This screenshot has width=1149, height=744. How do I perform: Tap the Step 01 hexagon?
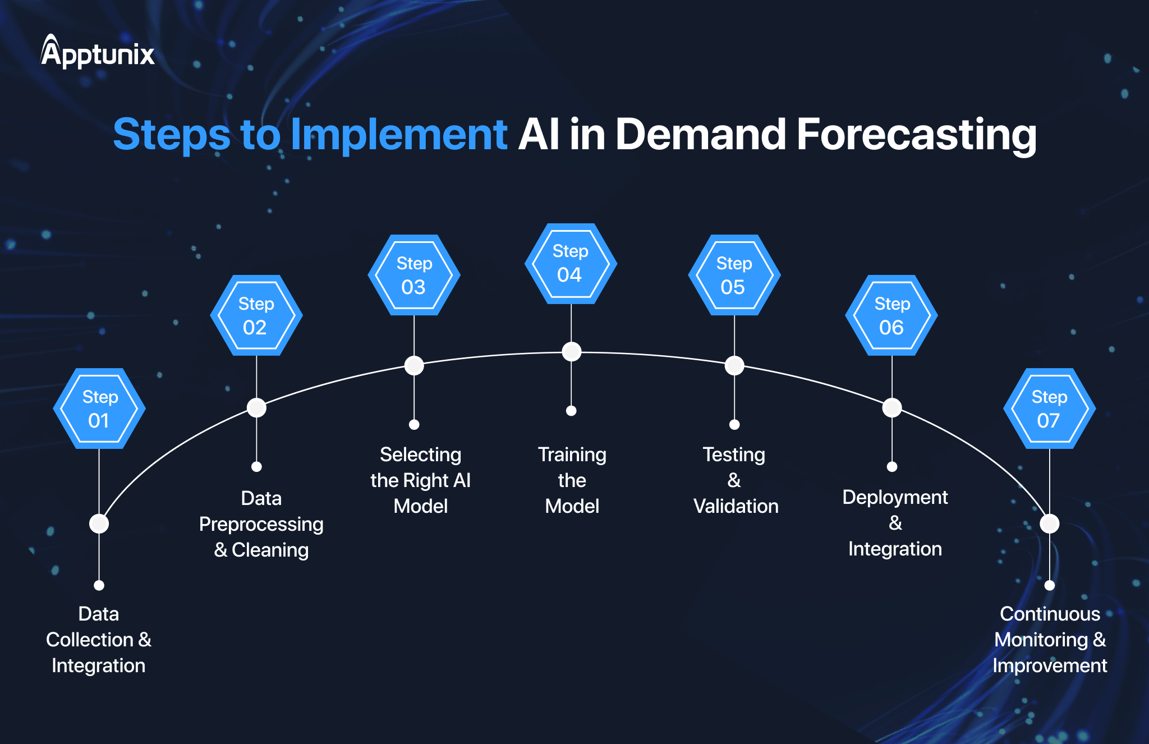click(x=99, y=408)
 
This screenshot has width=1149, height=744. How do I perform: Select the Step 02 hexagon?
click(x=256, y=315)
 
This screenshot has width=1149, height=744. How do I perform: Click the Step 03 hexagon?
click(x=414, y=275)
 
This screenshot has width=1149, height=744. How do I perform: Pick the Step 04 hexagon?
click(x=571, y=264)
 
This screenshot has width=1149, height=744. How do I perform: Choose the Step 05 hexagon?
click(x=734, y=275)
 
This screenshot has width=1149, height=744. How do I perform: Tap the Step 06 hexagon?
click(x=891, y=315)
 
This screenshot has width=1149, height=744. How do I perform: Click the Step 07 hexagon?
click(x=1049, y=408)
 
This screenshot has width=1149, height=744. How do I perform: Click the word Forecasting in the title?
click(x=916, y=135)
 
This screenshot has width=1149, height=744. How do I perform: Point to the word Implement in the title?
click(x=399, y=135)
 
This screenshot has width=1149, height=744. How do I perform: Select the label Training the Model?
click(x=572, y=480)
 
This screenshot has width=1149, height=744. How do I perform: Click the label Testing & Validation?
click(x=735, y=480)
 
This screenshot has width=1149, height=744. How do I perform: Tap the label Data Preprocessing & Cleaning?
click(x=261, y=524)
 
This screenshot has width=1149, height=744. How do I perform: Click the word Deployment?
click(x=895, y=497)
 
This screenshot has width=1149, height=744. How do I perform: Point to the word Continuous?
click(x=1050, y=614)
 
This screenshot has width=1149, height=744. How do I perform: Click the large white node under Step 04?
click(x=571, y=352)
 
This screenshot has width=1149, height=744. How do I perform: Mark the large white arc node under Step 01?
click(x=99, y=523)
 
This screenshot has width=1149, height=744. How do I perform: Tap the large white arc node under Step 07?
click(x=1049, y=523)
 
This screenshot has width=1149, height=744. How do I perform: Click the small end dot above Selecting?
click(x=414, y=425)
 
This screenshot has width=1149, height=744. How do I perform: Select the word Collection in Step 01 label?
click(x=90, y=640)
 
